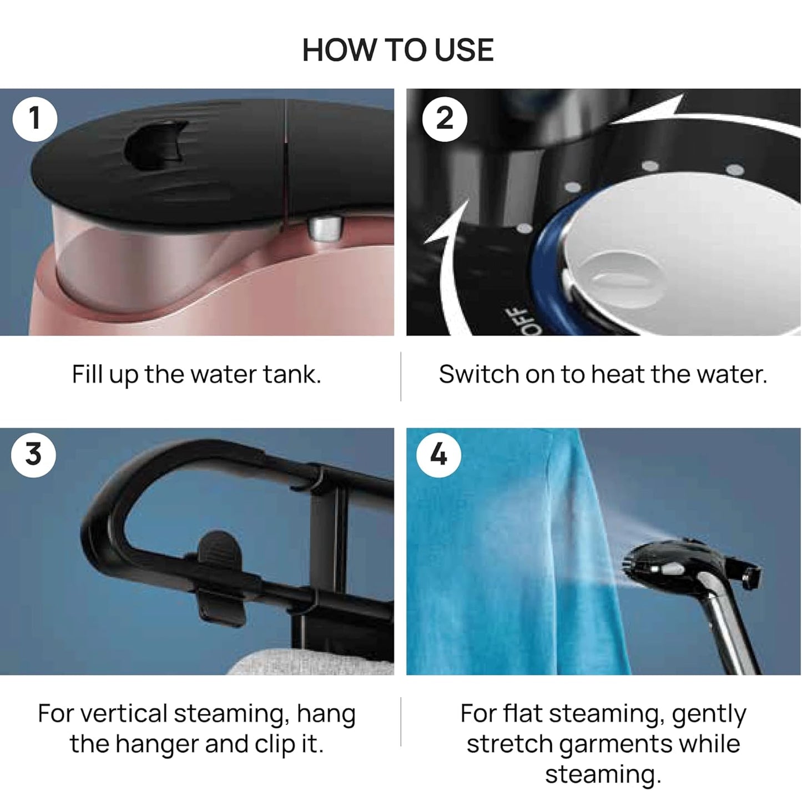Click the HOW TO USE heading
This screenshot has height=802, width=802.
397,50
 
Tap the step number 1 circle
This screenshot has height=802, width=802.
34,119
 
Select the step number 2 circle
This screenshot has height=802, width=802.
444,119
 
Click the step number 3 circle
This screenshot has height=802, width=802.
33,454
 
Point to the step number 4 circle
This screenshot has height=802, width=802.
438,455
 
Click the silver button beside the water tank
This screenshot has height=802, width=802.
325,228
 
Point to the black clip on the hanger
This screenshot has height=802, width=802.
220,577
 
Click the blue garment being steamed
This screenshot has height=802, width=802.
500,555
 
